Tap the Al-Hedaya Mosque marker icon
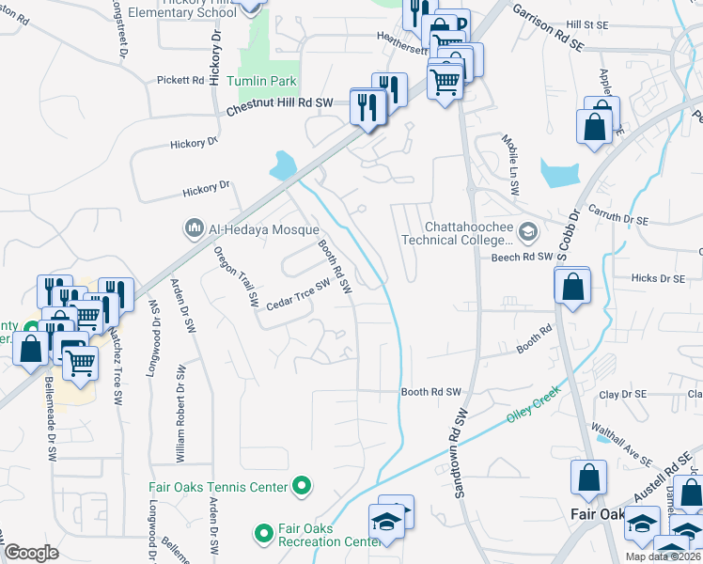tap(195, 227)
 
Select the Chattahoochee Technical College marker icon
tap(528, 231)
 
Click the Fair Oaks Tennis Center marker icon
tap(302, 486)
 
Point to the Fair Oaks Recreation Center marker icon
tap(263, 533)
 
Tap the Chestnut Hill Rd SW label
tap(280, 105)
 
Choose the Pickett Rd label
tap(180, 81)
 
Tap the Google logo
tap(32, 553)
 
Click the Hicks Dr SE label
tap(658, 278)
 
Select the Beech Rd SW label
tap(520, 256)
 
